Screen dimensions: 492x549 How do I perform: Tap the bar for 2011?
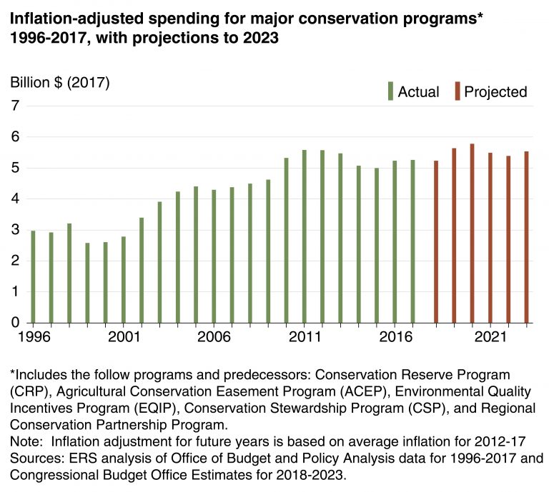click(305, 236)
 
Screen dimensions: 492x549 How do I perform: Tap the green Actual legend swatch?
click(390, 91)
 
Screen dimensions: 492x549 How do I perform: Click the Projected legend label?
click(495, 91)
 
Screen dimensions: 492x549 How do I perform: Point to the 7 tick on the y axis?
click(14, 106)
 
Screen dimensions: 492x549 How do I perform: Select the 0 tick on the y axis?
click(14, 323)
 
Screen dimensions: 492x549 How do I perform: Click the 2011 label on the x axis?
click(305, 336)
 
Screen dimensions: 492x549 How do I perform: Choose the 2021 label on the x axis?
click(490, 336)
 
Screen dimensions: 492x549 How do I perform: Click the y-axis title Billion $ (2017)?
click(60, 82)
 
